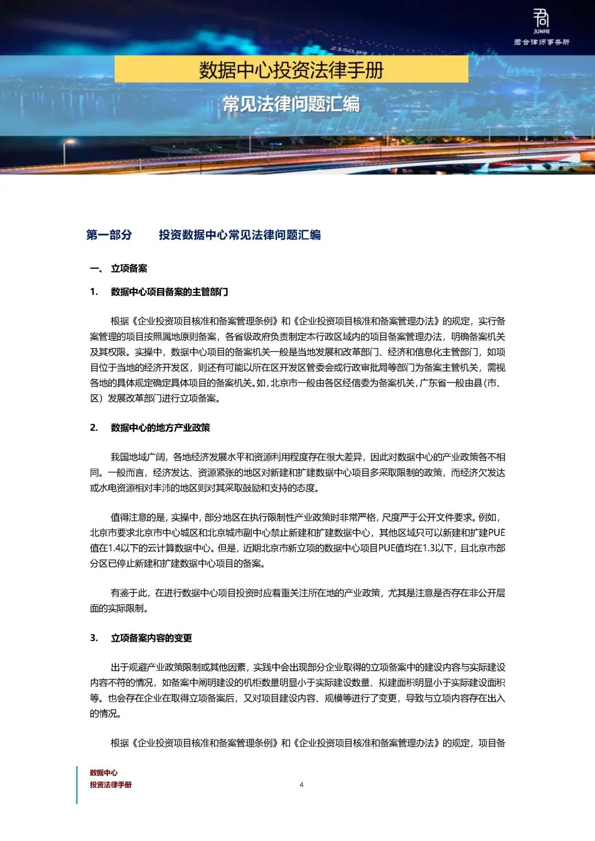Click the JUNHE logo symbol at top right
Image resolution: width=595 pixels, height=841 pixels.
click(541, 18)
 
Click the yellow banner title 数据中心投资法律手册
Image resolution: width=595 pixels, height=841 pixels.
click(291, 70)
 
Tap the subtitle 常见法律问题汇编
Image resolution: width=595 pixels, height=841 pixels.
click(291, 104)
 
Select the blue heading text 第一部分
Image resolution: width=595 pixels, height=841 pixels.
click(109, 235)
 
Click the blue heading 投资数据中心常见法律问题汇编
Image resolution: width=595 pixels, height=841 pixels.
click(240, 235)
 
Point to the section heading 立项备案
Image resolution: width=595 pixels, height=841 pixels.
click(129, 269)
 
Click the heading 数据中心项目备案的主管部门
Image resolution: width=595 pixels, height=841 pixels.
click(169, 292)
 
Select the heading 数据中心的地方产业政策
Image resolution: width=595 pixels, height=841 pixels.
click(160, 428)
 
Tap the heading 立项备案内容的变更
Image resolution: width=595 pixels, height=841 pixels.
click(152, 638)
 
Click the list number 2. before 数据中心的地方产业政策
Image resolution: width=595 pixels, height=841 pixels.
click(94, 428)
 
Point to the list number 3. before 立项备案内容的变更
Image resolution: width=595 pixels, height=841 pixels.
click(94, 638)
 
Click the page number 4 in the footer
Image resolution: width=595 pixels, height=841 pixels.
click(301, 785)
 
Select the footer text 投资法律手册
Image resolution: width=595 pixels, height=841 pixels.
click(111, 785)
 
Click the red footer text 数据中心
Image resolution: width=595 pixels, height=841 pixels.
click(104, 773)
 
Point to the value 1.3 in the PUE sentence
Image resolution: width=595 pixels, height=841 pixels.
click(429, 548)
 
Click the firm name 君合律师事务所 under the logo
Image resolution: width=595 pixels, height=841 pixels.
click(542, 42)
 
